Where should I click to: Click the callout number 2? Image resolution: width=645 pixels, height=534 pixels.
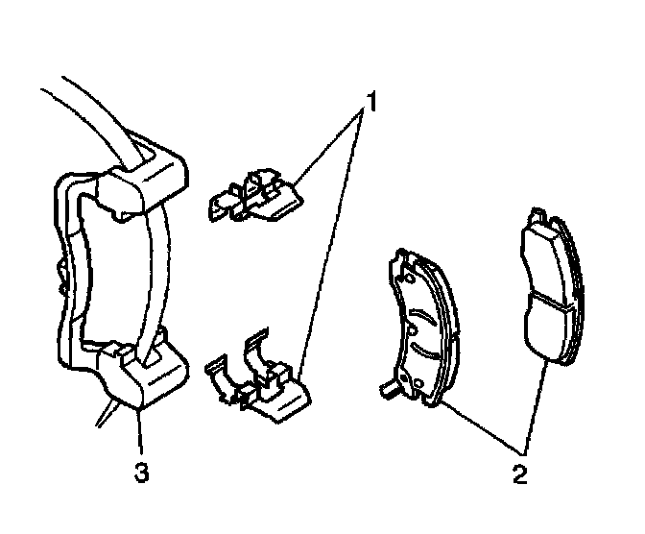[520, 473]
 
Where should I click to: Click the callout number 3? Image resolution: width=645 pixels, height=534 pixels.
[141, 473]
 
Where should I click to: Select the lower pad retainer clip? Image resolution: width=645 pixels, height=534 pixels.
[256, 380]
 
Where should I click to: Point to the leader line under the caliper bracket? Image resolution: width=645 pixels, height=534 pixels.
[141, 432]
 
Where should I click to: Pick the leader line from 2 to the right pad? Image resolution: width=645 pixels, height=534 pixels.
[536, 403]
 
